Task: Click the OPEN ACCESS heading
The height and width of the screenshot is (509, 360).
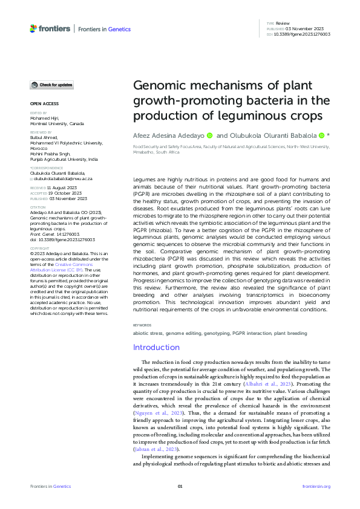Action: [x=44, y=104]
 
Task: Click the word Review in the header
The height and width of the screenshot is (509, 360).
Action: [x=283, y=22]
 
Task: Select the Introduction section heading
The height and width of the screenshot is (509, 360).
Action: [x=157, y=347]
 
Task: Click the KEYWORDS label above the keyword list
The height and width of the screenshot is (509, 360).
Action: [x=143, y=325]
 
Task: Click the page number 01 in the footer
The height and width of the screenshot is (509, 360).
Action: [x=180, y=486]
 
